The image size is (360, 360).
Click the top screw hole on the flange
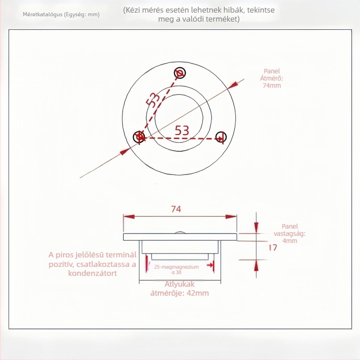180,73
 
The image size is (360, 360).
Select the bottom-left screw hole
139,137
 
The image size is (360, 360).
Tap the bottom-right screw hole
221,137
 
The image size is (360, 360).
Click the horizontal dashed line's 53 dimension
182,130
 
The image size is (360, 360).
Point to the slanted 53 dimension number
153,99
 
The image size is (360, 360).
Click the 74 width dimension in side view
176,209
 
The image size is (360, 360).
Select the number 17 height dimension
273,247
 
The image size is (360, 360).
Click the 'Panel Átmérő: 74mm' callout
272,78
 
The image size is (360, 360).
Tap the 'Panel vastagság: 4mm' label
289,234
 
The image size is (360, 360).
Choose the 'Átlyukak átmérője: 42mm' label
180,288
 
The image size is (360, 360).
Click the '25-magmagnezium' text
176,267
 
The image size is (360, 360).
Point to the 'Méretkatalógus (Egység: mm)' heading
61,14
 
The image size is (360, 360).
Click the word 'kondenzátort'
93,273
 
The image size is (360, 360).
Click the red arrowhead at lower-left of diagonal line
125,152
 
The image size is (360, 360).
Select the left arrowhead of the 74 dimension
129,216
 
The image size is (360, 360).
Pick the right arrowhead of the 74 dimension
231,216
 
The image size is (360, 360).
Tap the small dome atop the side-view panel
180,232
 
